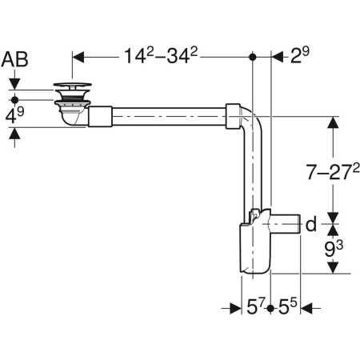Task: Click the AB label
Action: click(17, 58)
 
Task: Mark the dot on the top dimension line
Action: click(254, 58)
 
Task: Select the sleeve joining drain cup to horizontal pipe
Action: click(100, 118)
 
